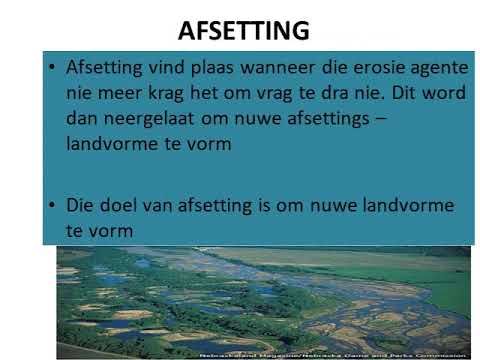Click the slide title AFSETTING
click(x=243, y=31)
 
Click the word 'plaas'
click(x=206, y=70)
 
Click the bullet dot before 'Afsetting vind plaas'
click(x=51, y=70)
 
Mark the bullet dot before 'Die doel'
click(x=51, y=205)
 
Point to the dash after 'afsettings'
click(x=384, y=119)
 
